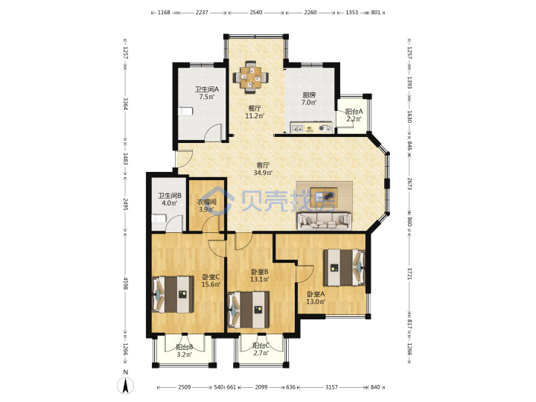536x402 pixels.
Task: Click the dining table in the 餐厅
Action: click(x=251, y=77)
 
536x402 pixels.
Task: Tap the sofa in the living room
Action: click(x=325, y=221)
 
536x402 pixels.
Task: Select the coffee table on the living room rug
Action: click(x=324, y=197)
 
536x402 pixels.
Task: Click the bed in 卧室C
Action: click(x=173, y=294)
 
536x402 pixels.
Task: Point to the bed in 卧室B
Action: click(x=249, y=310)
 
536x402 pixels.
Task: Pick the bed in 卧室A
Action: click(x=344, y=267)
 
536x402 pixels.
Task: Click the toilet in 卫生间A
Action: click(x=185, y=112)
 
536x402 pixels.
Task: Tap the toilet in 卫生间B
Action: click(x=159, y=218)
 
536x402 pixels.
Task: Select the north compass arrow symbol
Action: click(x=126, y=386)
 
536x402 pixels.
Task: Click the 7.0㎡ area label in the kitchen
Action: click(x=309, y=102)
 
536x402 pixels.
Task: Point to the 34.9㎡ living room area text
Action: click(x=263, y=173)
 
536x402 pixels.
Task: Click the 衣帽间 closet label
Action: click(x=206, y=202)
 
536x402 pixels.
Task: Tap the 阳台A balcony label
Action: click(x=354, y=112)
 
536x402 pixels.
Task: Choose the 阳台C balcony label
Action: click(x=261, y=345)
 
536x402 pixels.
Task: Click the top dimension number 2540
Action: click(x=255, y=13)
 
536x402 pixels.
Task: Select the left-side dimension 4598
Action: click(x=126, y=283)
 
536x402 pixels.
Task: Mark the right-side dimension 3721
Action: click(x=409, y=273)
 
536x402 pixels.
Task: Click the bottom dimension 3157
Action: click(x=331, y=387)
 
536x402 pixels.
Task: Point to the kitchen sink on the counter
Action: click(x=297, y=129)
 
